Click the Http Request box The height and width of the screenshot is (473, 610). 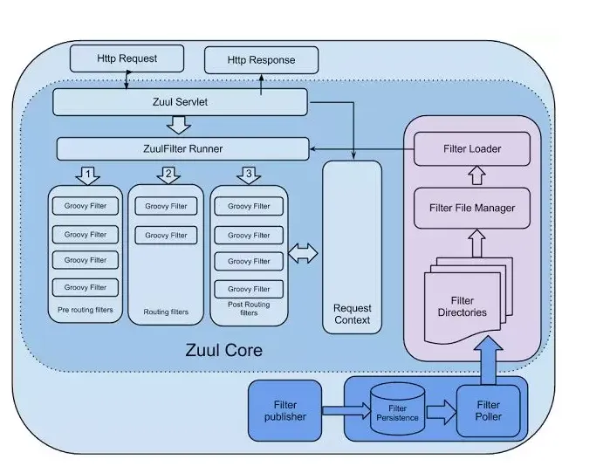pyautogui.click(x=127, y=58)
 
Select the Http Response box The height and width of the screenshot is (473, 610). pyautogui.click(x=261, y=60)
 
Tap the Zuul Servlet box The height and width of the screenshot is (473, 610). pyautogui.click(x=180, y=102)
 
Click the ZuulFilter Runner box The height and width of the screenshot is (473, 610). pyautogui.click(x=182, y=148)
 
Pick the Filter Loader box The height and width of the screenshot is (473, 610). pyautogui.click(x=471, y=148)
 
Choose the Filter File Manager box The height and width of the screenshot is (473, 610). pyautogui.click(x=471, y=208)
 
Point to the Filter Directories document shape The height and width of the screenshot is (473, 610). pyautogui.click(x=461, y=301)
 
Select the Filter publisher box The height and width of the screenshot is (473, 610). pyautogui.click(x=285, y=410)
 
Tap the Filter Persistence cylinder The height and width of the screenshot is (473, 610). pyautogui.click(x=398, y=411)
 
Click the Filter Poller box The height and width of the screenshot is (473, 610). pyautogui.click(x=488, y=411)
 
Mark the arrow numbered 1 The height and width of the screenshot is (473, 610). pyautogui.click(x=88, y=175)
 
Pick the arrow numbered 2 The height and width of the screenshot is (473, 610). pyautogui.click(x=168, y=175)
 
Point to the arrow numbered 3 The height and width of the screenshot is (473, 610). pyautogui.click(x=249, y=175)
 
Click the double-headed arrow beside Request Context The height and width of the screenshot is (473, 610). pyautogui.click(x=304, y=254)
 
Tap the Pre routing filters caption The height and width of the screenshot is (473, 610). pyautogui.click(x=85, y=309)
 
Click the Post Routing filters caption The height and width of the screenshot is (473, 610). pyautogui.click(x=249, y=308)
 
